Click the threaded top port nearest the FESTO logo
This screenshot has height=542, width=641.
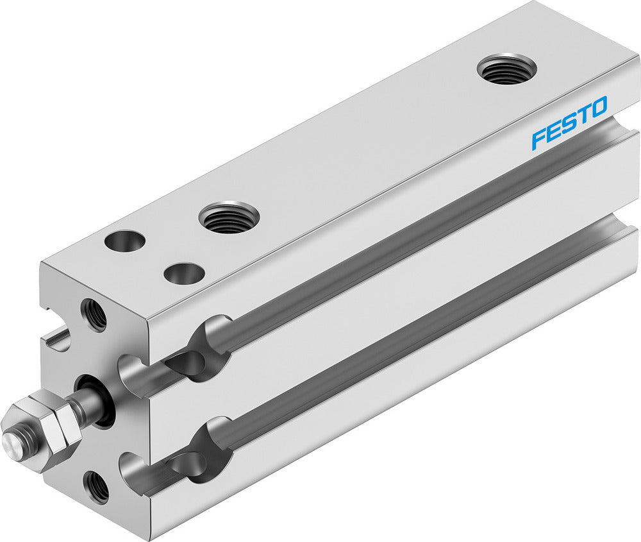pyautogui.click(x=507, y=69)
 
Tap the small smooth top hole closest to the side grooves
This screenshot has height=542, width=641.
pyautogui.click(x=184, y=274)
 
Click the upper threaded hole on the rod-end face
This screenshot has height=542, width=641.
pyautogui.click(x=94, y=314)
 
